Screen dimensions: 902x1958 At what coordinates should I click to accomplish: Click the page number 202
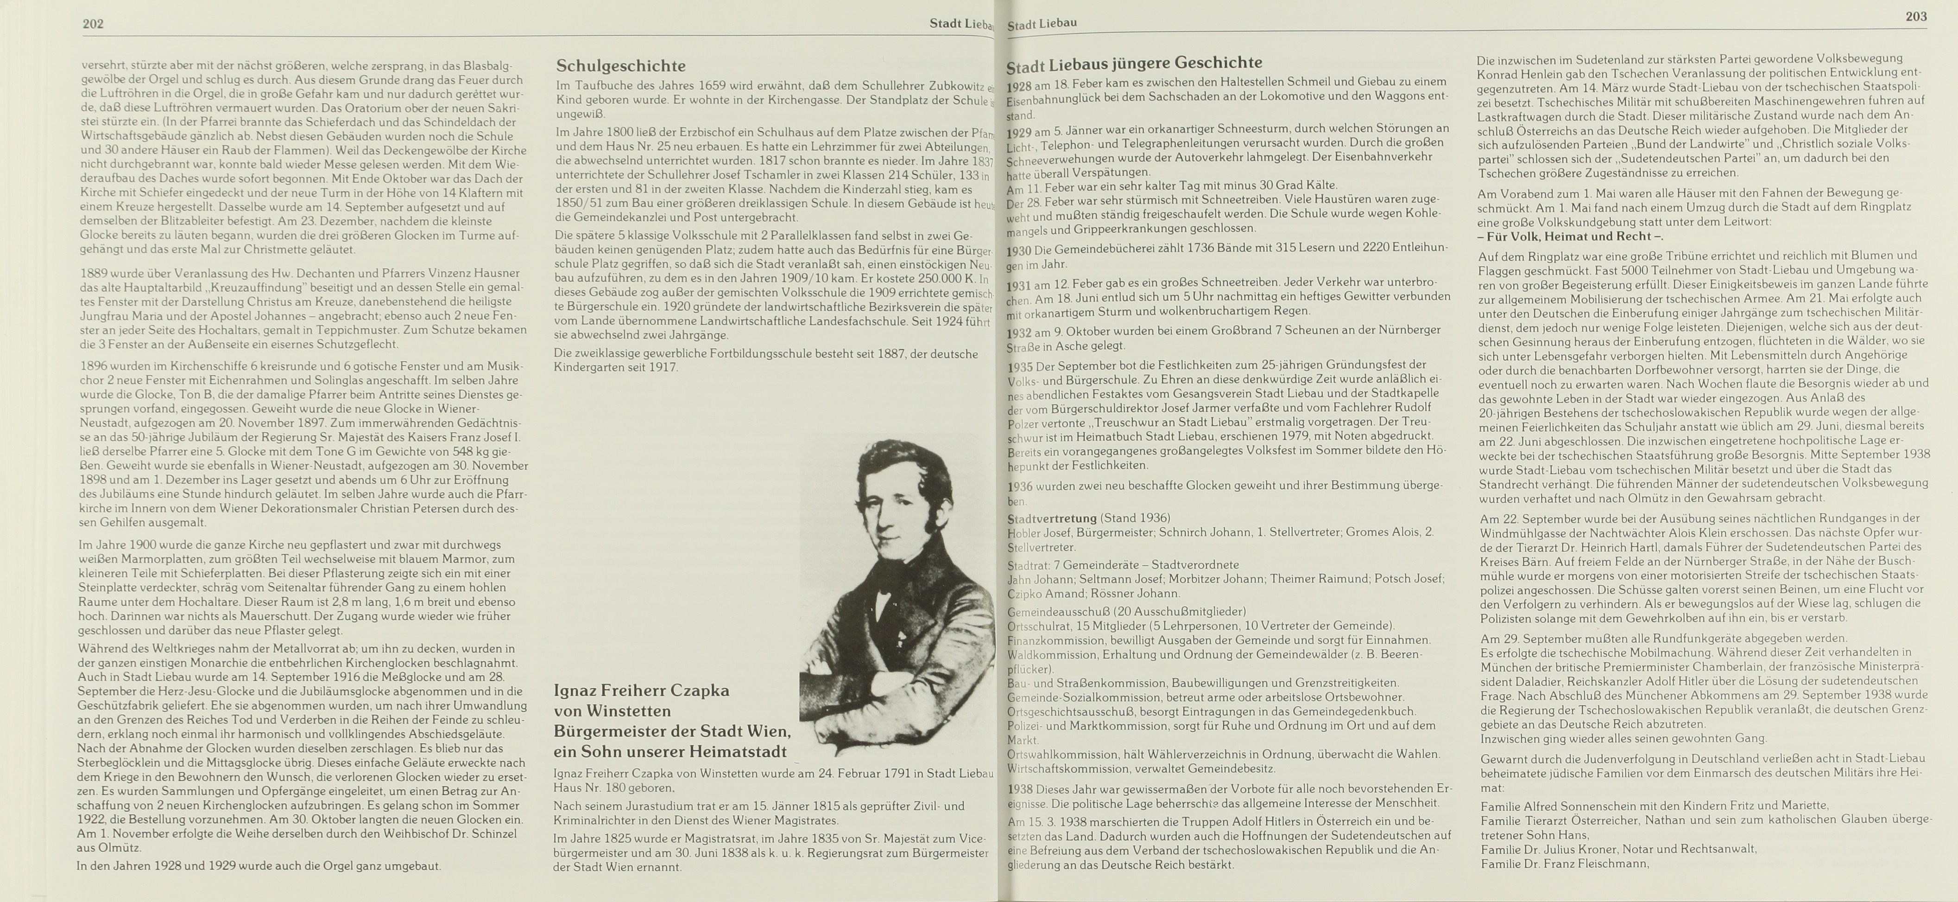[x=93, y=24]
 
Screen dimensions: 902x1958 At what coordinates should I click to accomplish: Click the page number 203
[x=1915, y=16]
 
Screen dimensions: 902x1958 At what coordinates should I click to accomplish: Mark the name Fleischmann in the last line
[x=1610, y=864]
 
